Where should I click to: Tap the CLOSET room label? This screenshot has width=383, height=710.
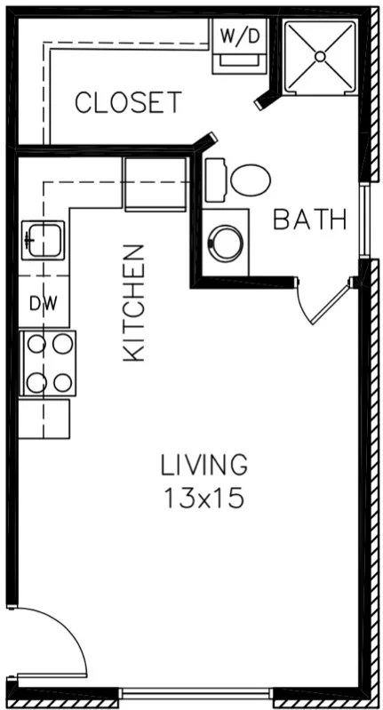[x=128, y=103]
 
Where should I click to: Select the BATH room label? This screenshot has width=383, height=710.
[x=309, y=219]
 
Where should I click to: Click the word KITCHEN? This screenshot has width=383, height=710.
[x=133, y=302]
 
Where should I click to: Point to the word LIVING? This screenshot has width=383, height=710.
[x=203, y=465]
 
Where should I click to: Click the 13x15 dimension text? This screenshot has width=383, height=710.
[x=203, y=499]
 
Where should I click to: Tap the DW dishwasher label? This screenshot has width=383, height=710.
[x=43, y=303]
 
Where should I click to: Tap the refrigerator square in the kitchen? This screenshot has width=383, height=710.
[x=154, y=184]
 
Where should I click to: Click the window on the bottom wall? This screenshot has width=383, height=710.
[x=196, y=693]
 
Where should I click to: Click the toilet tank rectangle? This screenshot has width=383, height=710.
[x=216, y=180]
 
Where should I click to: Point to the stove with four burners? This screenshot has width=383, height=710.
[x=48, y=363]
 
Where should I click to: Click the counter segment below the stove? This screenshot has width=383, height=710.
[x=45, y=418]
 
